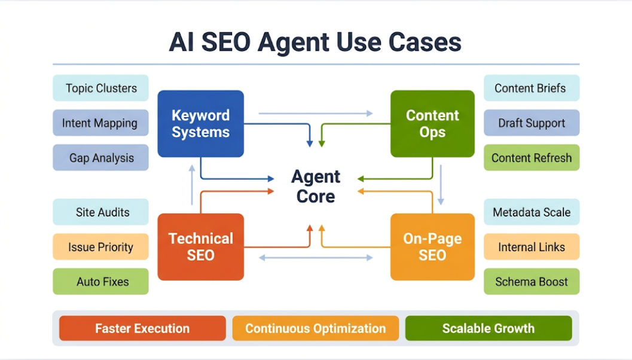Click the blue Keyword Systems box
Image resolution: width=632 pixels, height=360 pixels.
200,124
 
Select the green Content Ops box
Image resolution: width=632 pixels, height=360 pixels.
432,124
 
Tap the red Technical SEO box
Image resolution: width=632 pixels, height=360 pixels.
200,246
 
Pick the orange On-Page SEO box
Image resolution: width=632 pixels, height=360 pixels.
432,246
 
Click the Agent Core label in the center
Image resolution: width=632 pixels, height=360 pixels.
316,186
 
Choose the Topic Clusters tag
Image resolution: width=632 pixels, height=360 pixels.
100,88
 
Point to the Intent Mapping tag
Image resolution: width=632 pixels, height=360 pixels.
100,123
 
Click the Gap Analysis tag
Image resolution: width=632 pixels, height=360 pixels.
100,158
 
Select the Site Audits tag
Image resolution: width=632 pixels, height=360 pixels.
100,212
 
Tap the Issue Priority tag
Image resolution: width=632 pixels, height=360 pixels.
100,247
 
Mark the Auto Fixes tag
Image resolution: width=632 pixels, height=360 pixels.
100,282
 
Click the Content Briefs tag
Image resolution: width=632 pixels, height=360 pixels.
531,88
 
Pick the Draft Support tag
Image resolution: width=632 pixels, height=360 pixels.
531,123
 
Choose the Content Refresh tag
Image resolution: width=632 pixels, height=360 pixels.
531,158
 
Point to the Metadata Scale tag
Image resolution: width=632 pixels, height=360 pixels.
531,212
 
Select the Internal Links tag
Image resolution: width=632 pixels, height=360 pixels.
531,247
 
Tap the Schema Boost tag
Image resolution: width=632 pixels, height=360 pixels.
531,282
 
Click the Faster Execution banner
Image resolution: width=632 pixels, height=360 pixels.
142,328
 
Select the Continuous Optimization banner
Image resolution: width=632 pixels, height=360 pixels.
315,328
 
